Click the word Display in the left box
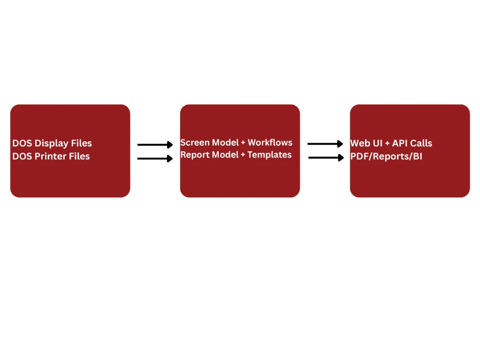pos(52,143)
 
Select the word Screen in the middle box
pos(194,142)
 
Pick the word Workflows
pos(270,142)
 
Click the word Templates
pos(270,155)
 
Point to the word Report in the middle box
pos(195,155)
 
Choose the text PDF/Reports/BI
pos(386,156)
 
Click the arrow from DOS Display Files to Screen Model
pos(155,144)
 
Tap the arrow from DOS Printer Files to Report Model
pos(155,158)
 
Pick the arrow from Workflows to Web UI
pos(325,143)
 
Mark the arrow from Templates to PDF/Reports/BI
pos(326,157)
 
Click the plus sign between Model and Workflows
pos(243,143)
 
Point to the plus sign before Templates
pos(243,155)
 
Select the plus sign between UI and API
pos(387,143)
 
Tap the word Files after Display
pos(82,143)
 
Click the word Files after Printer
pos(79,156)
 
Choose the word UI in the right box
pos(377,143)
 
